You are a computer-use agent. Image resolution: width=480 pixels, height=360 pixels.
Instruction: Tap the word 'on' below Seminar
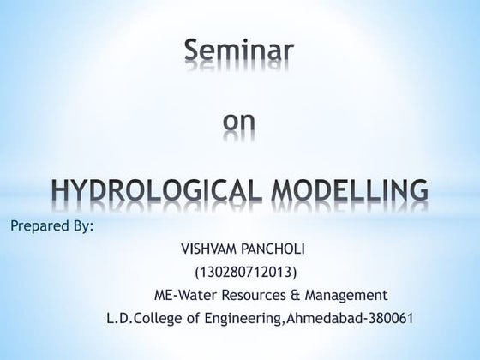[x=240, y=126]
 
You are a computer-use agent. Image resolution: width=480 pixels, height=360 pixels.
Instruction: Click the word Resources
[x=256, y=296]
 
